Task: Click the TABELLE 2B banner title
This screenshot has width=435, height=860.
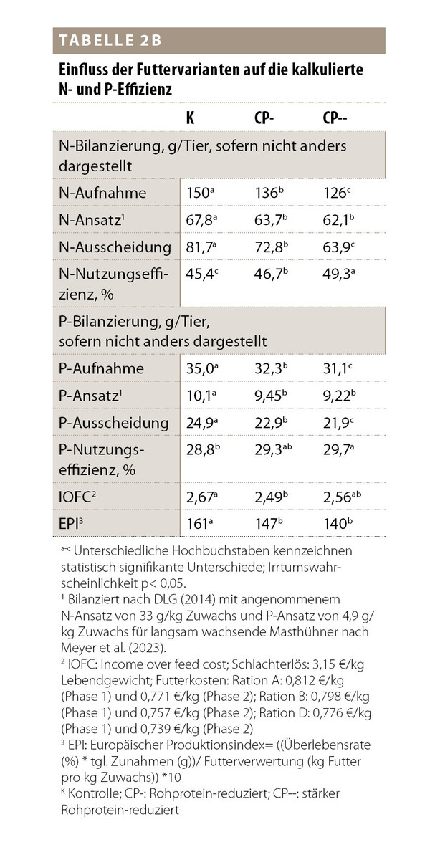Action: coord(107,41)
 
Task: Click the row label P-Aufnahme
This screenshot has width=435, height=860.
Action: coord(101,368)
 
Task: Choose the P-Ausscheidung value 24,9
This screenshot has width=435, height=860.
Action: coord(198,424)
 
